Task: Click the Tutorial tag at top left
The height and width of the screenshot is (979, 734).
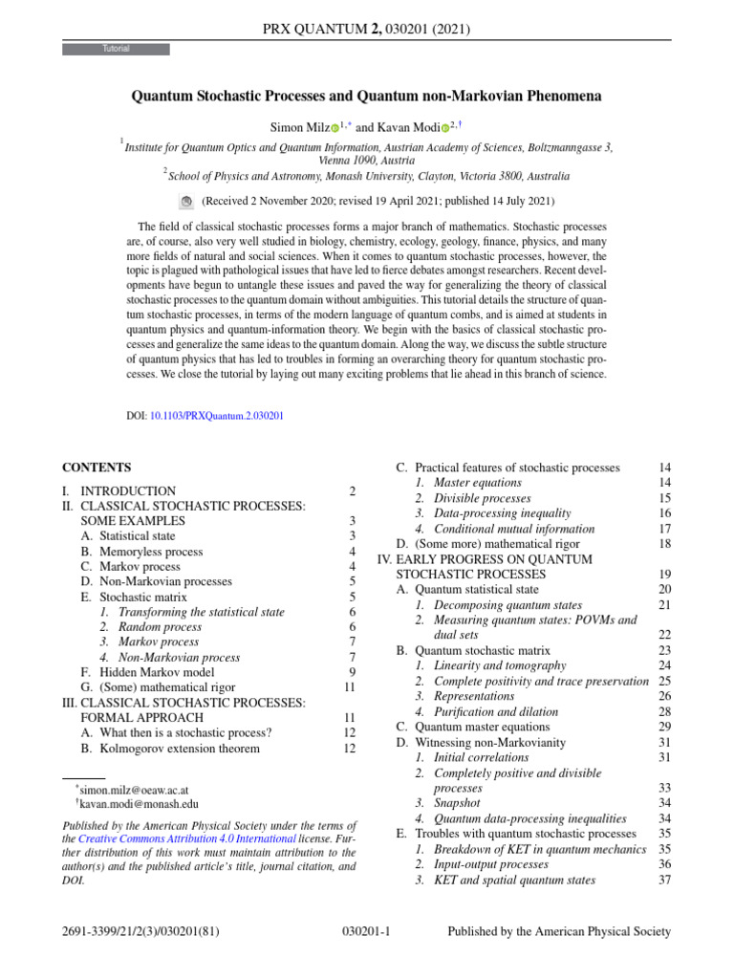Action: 116,49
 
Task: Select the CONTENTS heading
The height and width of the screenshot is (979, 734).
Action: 97,468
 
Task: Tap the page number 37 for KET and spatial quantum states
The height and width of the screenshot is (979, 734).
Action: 664,880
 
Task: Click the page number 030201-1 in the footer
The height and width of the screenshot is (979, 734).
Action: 366,931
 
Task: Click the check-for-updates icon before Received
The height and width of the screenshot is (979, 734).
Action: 186,202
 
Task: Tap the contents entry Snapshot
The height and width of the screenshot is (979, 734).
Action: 459,803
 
